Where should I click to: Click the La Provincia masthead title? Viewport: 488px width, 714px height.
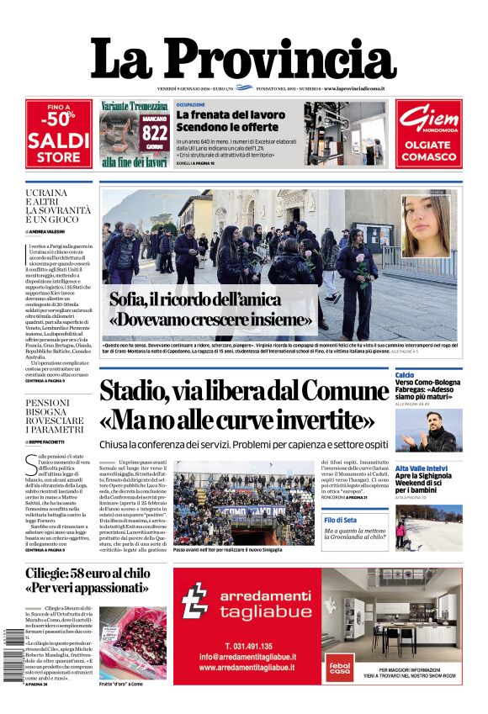pyautogui.click(x=243, y=61)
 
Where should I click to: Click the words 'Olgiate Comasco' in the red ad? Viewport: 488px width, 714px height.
pyautogui.click(x=429, y=150)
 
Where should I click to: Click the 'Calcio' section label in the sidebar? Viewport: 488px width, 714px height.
pyautogui.click(x=405, y=374)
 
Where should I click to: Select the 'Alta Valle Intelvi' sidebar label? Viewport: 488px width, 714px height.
pyautogui.click(x=421, y=468)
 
